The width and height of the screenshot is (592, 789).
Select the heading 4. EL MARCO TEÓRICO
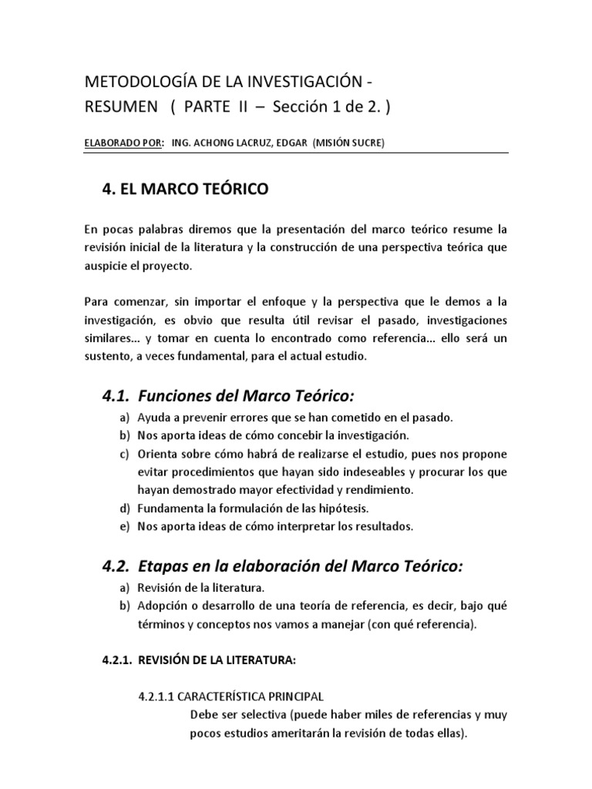point(186,190)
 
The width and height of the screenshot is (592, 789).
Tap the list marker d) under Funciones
point(124,509)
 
